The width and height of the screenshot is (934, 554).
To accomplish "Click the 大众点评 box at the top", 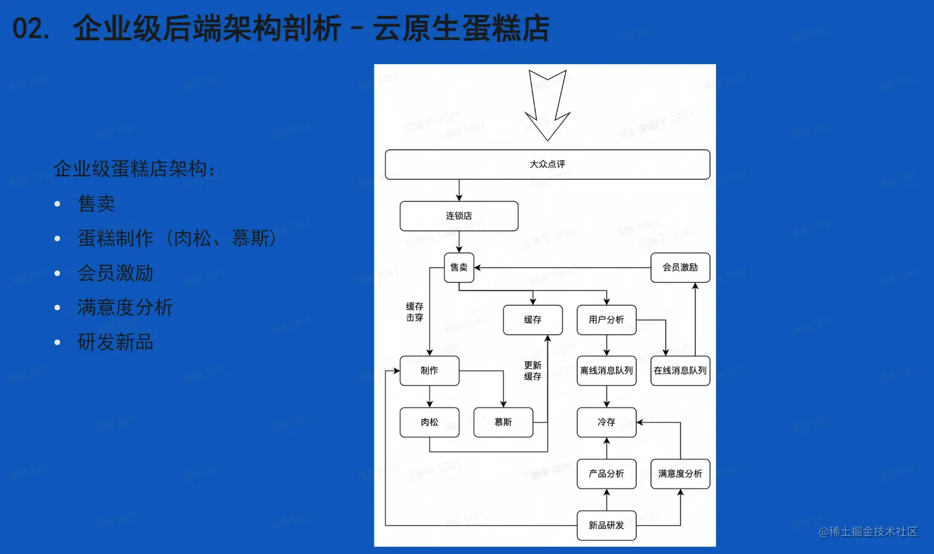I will [x=547, y=164].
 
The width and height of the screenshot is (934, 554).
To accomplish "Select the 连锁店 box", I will [x=459, y=216].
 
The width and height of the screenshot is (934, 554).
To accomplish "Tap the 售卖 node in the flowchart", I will [x=459, y=267].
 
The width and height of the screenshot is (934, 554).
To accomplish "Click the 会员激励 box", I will [x=680, y=267].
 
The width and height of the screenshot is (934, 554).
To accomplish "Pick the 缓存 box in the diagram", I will [x=532, y=320].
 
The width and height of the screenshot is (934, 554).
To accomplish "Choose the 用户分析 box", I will [x=606, y=320].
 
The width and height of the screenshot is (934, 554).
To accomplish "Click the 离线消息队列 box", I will [x=606, y=371].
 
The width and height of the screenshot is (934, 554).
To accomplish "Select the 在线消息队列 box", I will [x=680, y=371].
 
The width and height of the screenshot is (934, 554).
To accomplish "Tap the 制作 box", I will [x=429, y=371].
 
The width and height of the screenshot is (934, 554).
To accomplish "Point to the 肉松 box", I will [x=429, y=422].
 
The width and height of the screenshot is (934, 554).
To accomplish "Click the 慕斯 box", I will [x=503, y=422].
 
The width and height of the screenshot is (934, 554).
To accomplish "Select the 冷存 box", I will [x=606, y=422].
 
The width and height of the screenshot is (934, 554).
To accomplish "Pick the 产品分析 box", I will [x=606, y=474].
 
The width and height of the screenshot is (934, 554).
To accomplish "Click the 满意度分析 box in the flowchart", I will [x=680, y=474].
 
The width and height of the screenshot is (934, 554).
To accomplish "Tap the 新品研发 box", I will [x=606, y=526].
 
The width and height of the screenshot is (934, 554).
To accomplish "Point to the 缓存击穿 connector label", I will [x=414, y=312].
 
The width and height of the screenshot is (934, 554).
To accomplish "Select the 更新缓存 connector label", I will [x=532, y=371].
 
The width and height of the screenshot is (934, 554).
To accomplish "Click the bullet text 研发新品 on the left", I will [x=116, y=342].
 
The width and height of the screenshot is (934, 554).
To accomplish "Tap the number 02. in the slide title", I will [x=31, y=29].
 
